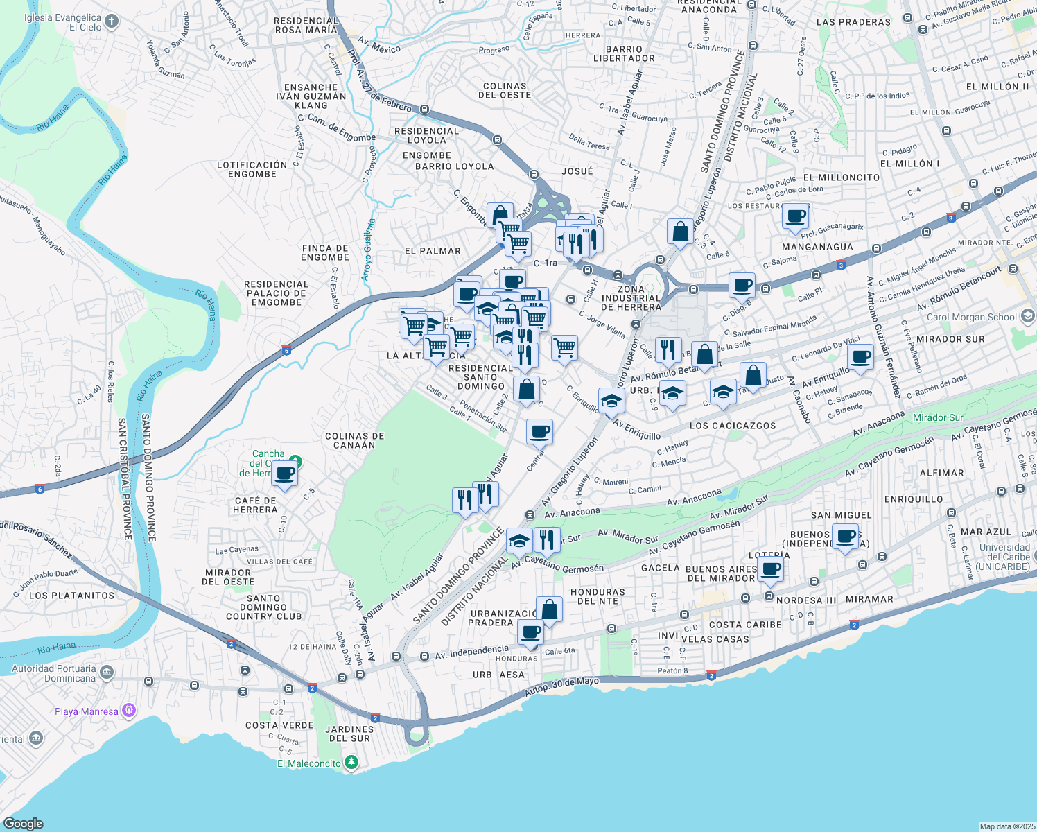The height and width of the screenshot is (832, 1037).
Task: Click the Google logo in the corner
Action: pyautogui.click(x=23, y=823)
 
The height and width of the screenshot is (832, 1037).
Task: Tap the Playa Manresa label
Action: pyautogui.click(x=86, y=711)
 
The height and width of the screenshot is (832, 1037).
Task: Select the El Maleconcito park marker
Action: pyautogui.click(x=352, y=763)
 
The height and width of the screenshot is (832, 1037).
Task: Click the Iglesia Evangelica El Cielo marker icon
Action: pyautogui.click(x=111, y=21)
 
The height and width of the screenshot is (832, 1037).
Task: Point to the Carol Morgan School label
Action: pyautogui.click(x=972, y=317)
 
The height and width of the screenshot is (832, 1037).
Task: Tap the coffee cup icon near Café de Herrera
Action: pyautogui.click(x=284, y=474)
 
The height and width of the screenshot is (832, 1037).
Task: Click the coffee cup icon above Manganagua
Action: pyautogui.click(x=796, y=216)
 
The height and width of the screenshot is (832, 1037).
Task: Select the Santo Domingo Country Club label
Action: pyautogui.click(x=263, y=607)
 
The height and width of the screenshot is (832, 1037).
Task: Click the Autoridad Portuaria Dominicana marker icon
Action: pyautogui.click(x=107, y=673)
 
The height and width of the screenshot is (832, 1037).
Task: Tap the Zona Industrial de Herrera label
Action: pyautogui.click(x=631, y=298)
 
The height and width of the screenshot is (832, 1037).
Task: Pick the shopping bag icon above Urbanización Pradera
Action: pyautogui.click(x=549, y=610)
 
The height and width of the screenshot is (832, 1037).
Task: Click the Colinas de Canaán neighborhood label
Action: pyautogui.click(x=354, y=440)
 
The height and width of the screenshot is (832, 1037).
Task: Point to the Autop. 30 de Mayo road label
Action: pyautogui.click(x=561, y=686)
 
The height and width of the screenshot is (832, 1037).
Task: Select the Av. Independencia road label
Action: pyautogui.click(x=471, y=652)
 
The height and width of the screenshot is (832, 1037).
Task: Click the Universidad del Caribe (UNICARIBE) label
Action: pyautogui.click(x=1004, y=557)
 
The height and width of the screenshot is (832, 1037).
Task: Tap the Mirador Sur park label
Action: pyautogui.click(x=938, y=417)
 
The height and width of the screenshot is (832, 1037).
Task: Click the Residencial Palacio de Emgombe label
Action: pyautogui.click(x=276, y=293)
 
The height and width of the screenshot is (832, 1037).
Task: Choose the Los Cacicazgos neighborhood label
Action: pyautogui.click(x=733, y=426)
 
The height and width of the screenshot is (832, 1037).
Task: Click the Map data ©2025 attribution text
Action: pyautogui.click(x=1006, y=826)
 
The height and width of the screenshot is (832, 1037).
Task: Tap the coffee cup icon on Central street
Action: pyautogui.click(x=539, y=433)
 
